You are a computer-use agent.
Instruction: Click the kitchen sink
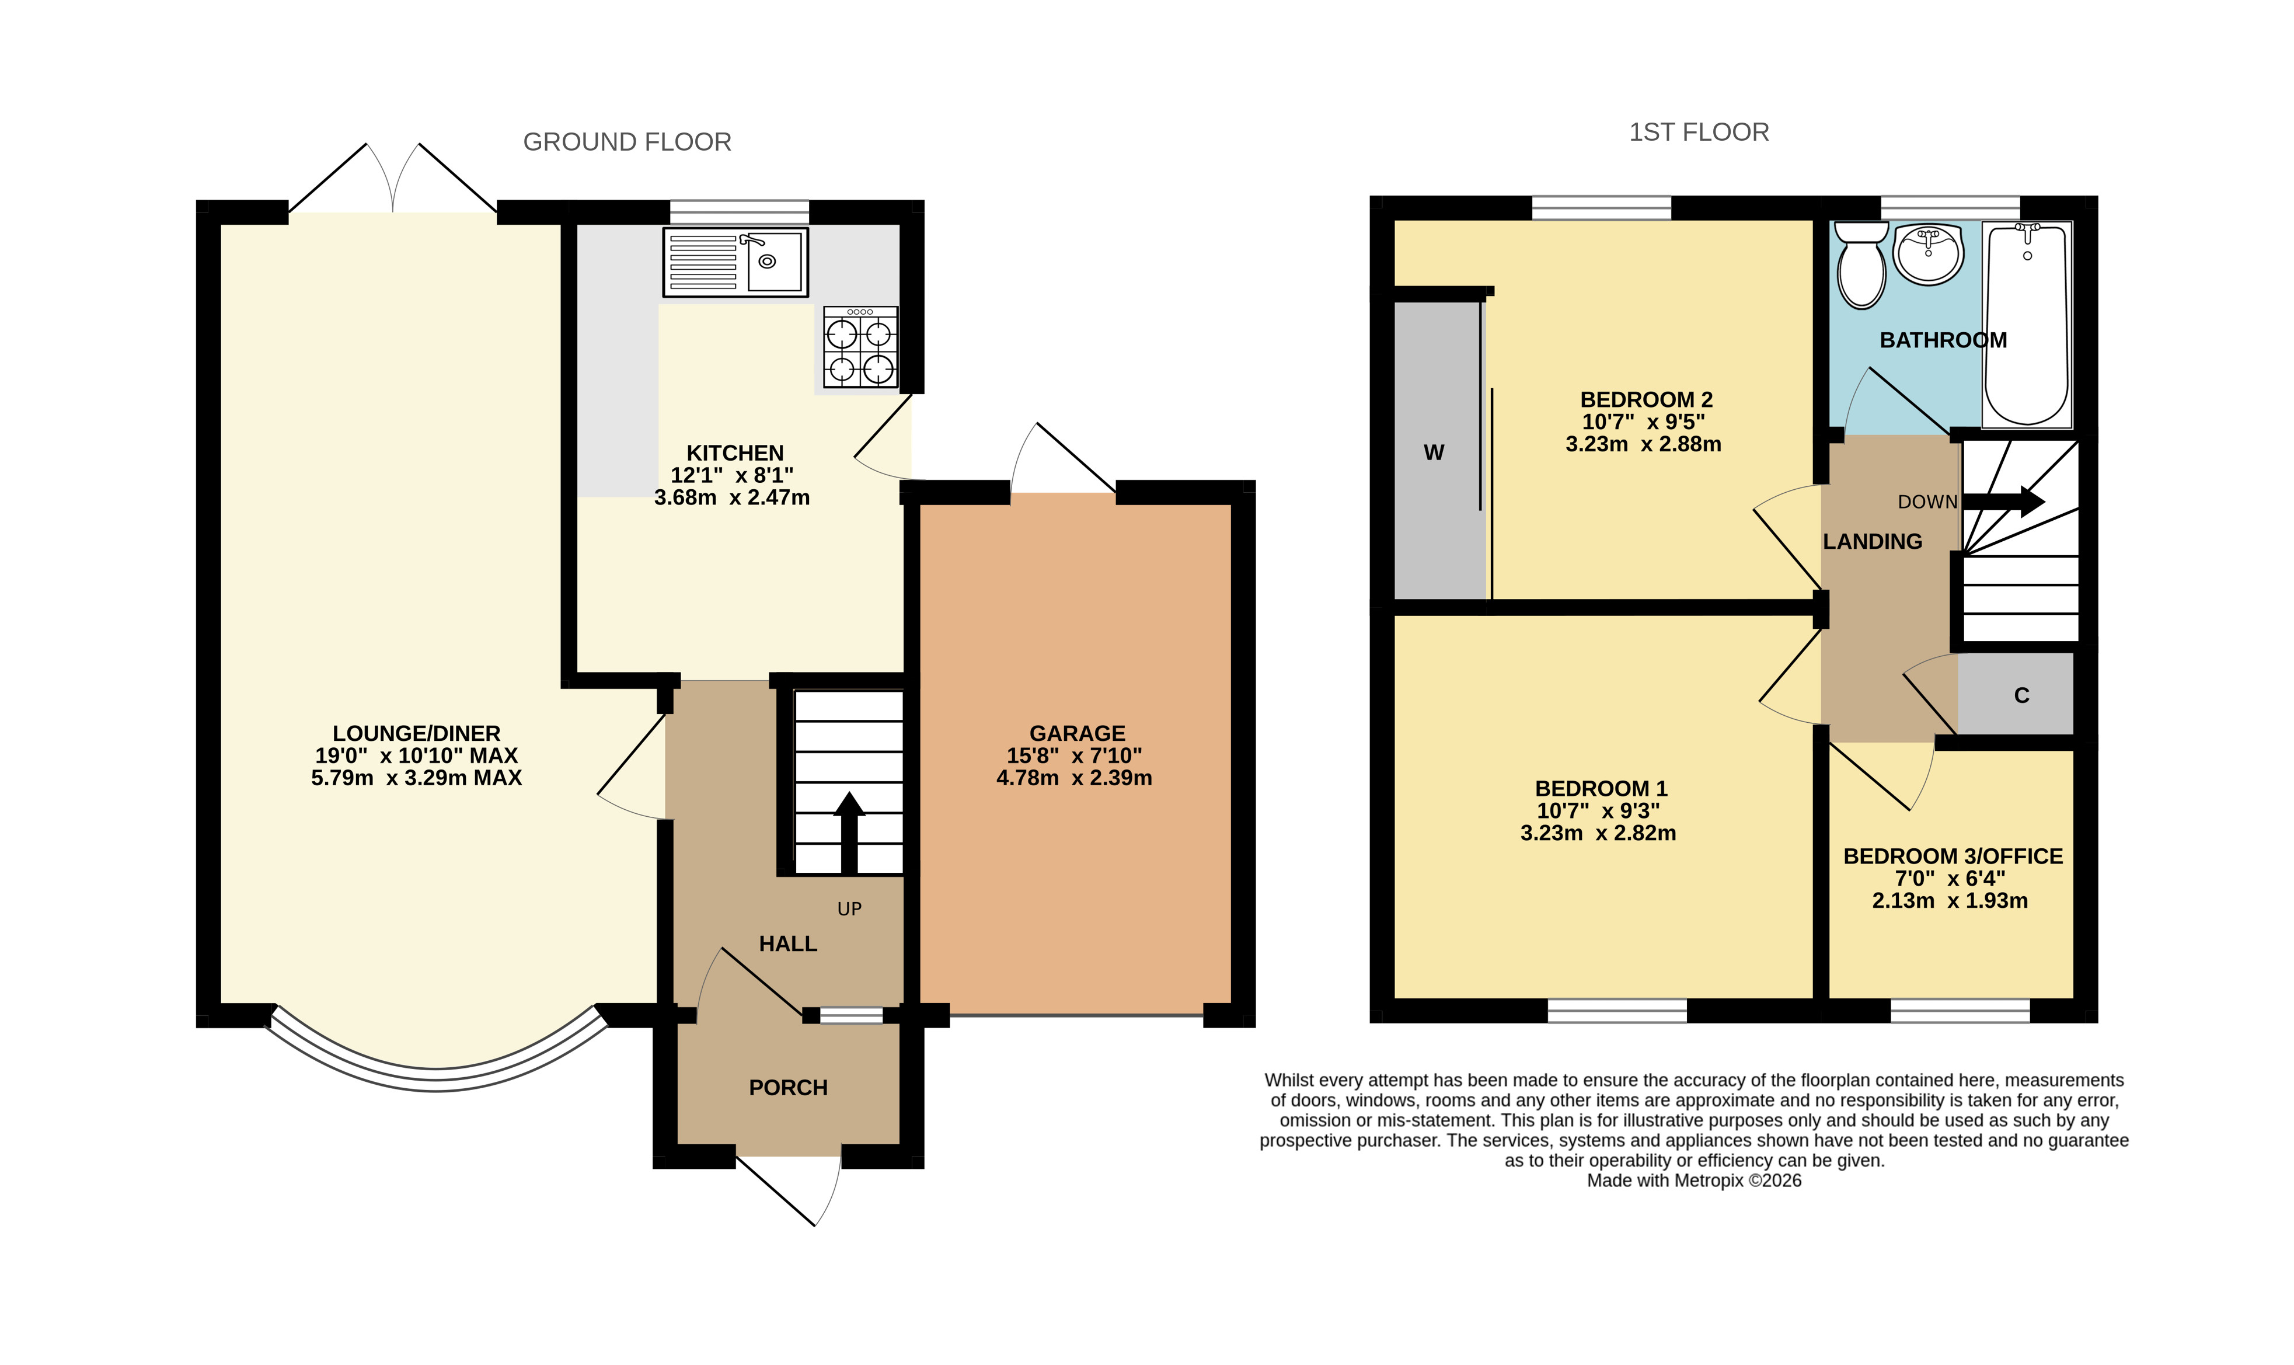pyautogui.click(x=735, y=262)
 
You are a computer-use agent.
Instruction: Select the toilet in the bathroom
pyautogui.click(x=1860, y=264)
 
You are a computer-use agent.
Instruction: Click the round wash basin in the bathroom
pyautogui.click(x=1929, y=252)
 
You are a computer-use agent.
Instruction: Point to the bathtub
pyautogui.click(x=2027, y=325)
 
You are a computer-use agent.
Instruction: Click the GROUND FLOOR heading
pyautogui.click(x=627, y=142)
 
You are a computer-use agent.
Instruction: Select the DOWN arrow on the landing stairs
pyautogui.click(x=2004, y=502)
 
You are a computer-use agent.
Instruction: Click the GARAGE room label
pyautogui.click(x=1077, y=733)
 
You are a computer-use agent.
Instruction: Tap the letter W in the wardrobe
pyautogui.click(x=1434, y=452)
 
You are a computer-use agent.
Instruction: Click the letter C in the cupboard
pyautogui.click(x=2021, y=695)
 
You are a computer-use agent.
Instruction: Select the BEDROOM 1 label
pyautogui.click(x=1601, y=788)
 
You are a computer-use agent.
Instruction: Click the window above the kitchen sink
pyautogui.click(x=739, y=211)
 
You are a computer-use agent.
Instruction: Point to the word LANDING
pyautogui.click(x=1872, y=542)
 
